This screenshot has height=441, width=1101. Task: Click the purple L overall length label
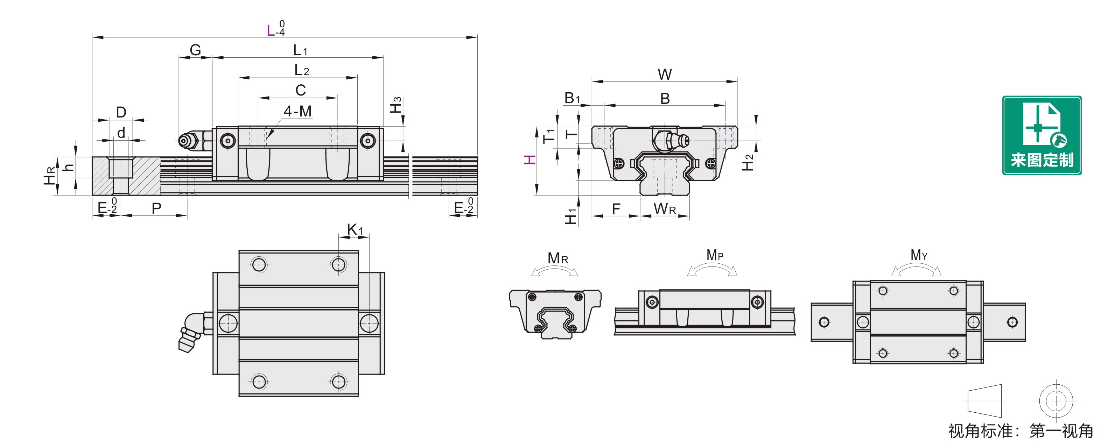tap(271, 31)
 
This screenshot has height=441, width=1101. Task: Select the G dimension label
tap(195, 50)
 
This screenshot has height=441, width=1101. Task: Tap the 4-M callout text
tap(298, 112)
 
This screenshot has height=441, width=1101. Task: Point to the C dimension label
tap(301, 90)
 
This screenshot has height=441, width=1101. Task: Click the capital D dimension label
tap(121, 112)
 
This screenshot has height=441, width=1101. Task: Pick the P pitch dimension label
tap(156, 208)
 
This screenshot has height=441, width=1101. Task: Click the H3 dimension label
tap(396, 105)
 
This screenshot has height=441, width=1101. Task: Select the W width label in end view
tap(665, 74)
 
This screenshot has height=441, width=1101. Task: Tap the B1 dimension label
tap(572, 98)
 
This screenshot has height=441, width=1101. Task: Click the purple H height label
tap(530, 160)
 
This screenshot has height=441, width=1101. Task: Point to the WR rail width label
tap(665, 209)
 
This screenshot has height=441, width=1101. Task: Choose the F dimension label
tap(616, 209)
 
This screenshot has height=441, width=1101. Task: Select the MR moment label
tap(558, 258)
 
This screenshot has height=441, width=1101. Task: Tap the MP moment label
tap(715, 255)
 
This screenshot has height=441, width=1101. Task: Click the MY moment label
tap(919, 255)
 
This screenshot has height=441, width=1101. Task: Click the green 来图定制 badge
tap(1042, 135)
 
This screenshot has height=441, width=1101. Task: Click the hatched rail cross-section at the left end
tap(126, 176)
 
